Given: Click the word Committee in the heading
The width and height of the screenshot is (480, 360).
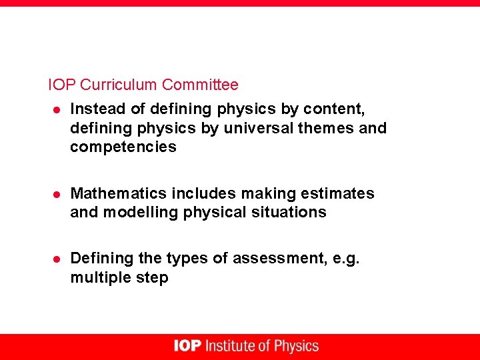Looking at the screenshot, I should pos(200,85).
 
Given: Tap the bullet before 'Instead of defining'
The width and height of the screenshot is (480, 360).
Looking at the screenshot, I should pos(57,109).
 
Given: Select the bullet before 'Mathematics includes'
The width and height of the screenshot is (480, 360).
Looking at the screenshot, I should pos(57,195).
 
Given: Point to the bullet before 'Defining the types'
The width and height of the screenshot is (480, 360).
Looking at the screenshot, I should pos(57,259).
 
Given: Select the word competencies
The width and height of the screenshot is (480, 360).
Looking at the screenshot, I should pos(123,147).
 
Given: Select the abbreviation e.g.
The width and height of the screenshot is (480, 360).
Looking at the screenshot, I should pos(345,258).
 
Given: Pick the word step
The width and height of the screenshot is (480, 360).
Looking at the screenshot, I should pos(153,278).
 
